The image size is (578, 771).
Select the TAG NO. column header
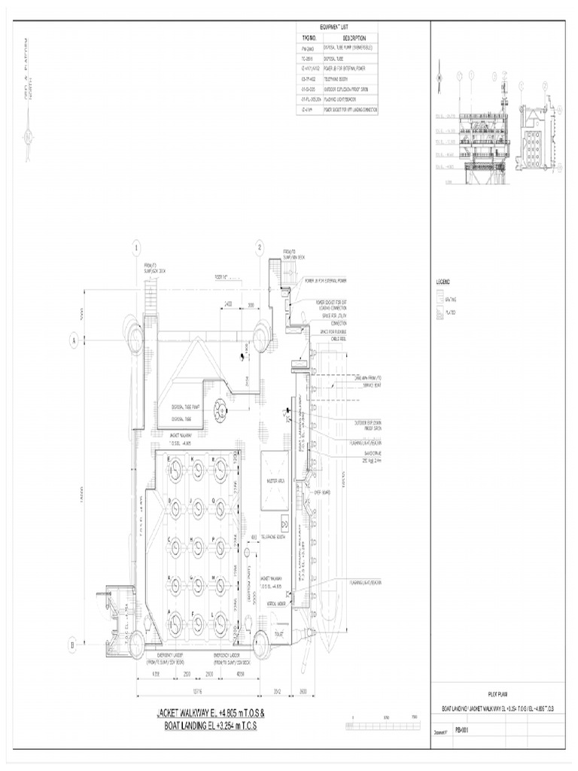309,37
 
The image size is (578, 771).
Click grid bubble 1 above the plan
137,248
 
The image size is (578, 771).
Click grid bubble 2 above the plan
260,248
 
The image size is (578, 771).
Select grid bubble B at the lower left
73,645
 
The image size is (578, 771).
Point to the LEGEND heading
443,282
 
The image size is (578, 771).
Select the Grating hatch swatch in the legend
440,299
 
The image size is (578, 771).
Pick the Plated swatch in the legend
440,312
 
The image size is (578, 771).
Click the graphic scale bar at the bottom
382,724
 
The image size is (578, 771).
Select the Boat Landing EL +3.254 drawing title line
210,727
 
